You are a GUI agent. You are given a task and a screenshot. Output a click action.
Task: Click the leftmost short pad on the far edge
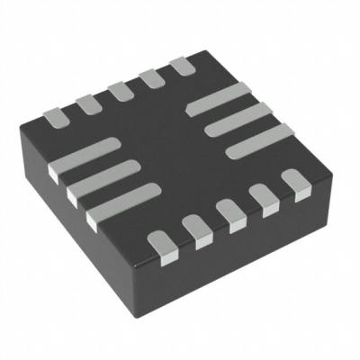point(56,115)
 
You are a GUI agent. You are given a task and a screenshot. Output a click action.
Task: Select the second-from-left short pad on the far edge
point(87,103)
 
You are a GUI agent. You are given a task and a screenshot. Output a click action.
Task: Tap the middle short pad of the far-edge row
point(119,92)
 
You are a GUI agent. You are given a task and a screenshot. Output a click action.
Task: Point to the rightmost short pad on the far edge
point(182,66)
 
